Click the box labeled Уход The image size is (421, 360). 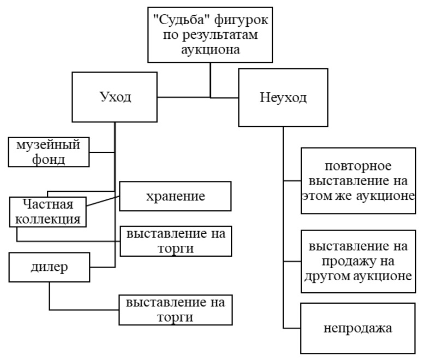click(x=115, y=98)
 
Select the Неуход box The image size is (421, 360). click(x=282, y=99)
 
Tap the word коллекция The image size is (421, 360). click(x=49, y=219)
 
